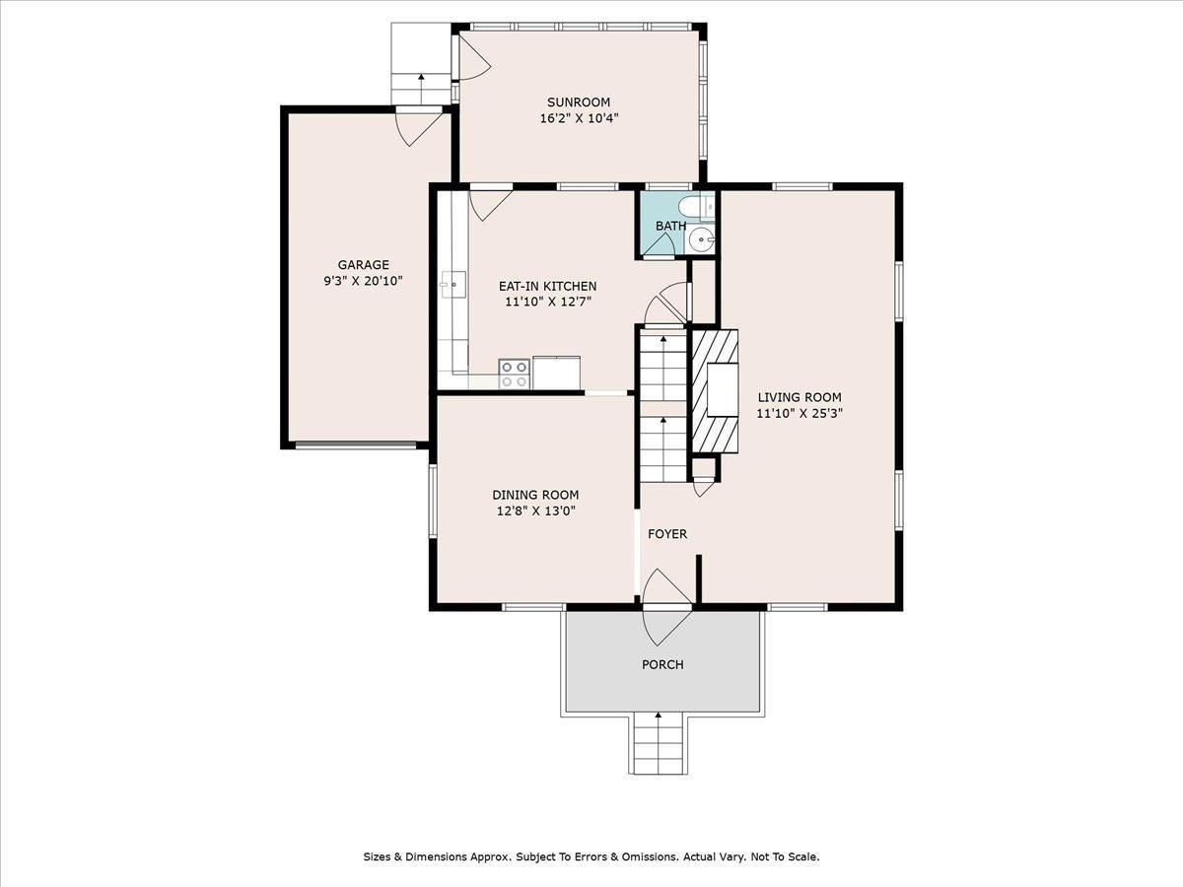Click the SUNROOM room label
(579, 102)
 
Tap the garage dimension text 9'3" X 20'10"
(364, 281)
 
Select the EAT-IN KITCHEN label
(547, 286)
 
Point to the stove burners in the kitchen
(514, 374)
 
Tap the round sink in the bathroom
(702, 238)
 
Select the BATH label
(670, 226)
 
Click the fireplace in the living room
(715, 390)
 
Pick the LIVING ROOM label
(799, 397)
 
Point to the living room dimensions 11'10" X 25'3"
(799, 414)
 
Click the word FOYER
(667, 534)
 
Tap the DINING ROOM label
(535, 495)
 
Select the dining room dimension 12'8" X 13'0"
(535, 512)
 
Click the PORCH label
(662, 664)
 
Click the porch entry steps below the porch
(658, 744)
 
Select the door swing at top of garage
(417, 128)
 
